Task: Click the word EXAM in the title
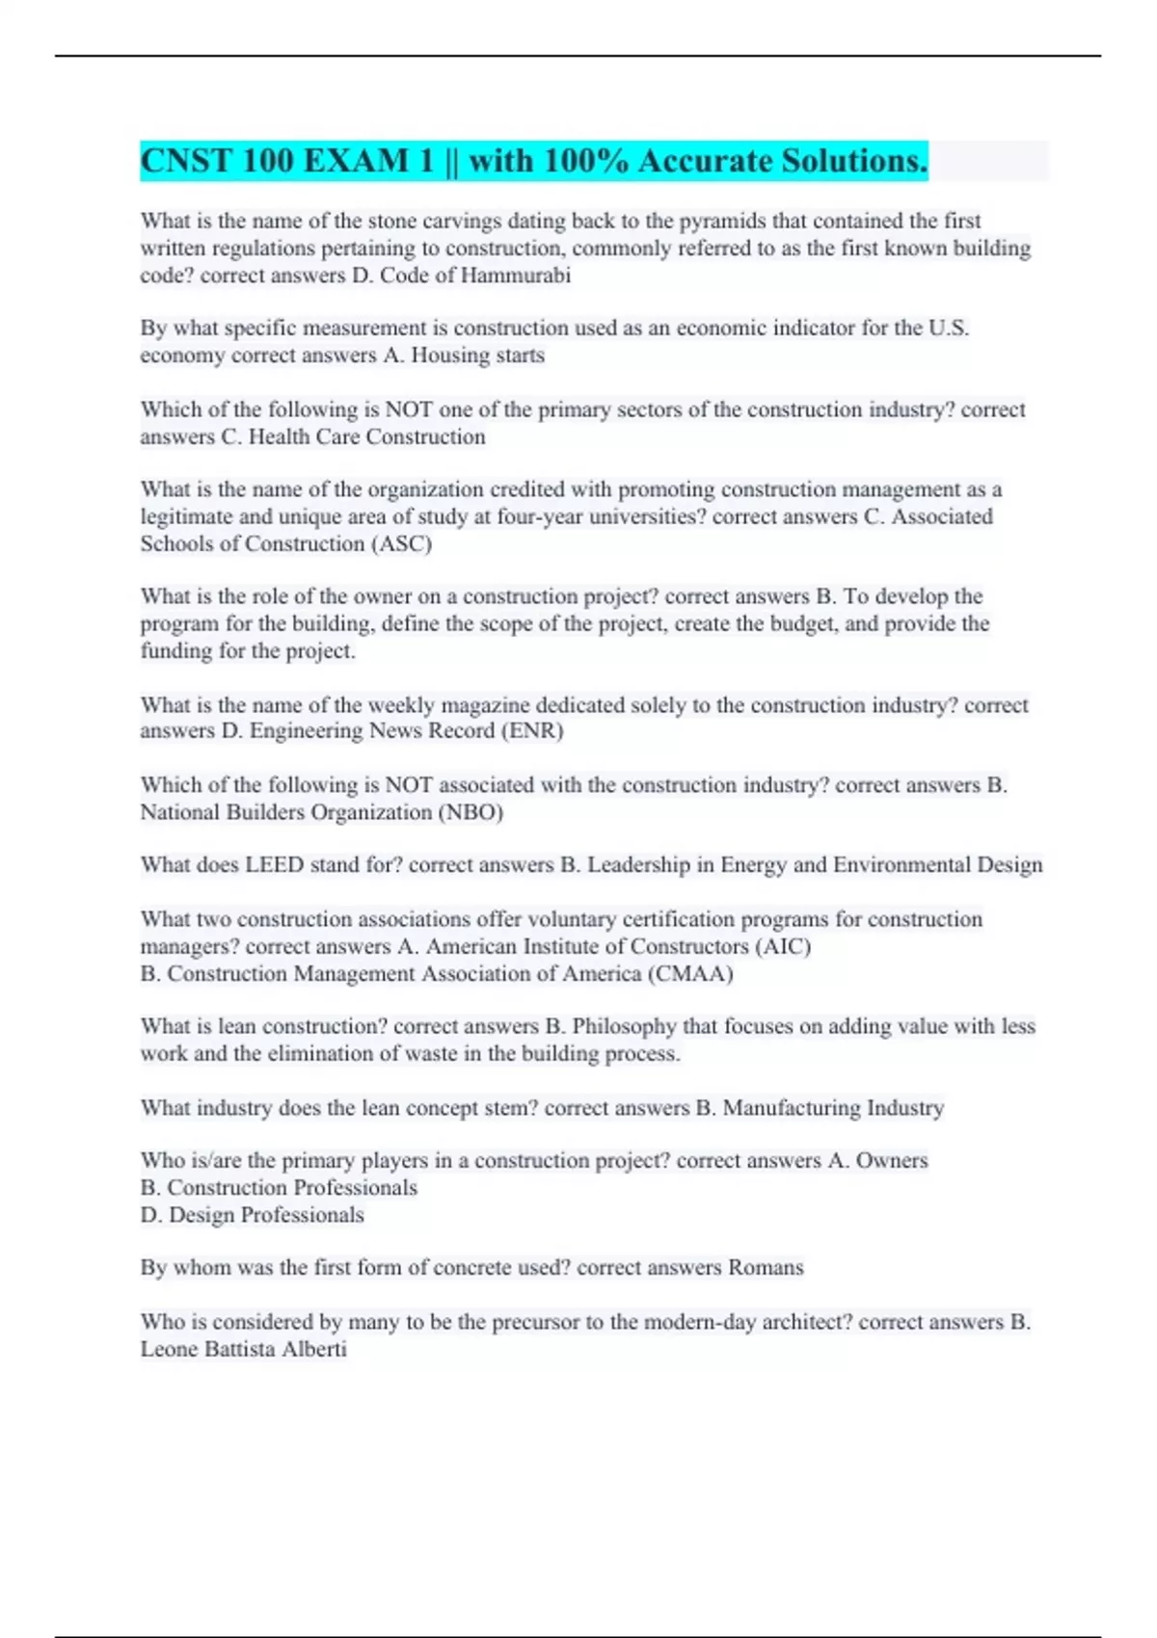coord(356,161)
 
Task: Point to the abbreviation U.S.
coord(949,329)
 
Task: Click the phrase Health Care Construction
coord(366,437)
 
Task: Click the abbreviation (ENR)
coord(531,731)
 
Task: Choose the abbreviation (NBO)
coord(471,812)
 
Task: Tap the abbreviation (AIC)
coord(783,947)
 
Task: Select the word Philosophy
coord(624,1027)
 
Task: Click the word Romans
coord(766,1268)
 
